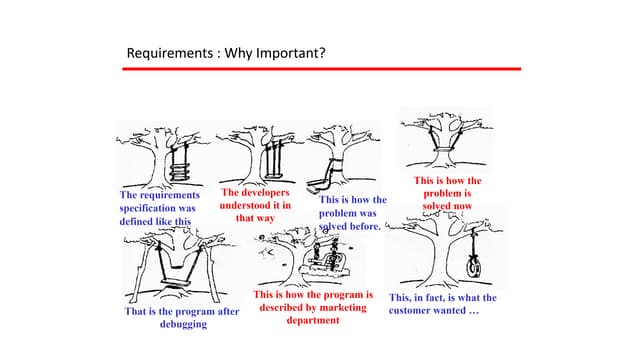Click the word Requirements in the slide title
[170, 53]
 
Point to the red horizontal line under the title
[322, 69]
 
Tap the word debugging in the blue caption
[183, 324]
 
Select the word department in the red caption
[313, 320]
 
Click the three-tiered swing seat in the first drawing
[180, 172]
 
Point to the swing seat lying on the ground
[318, 186]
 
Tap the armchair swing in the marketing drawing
[327, 263]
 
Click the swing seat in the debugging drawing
[176, 282]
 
